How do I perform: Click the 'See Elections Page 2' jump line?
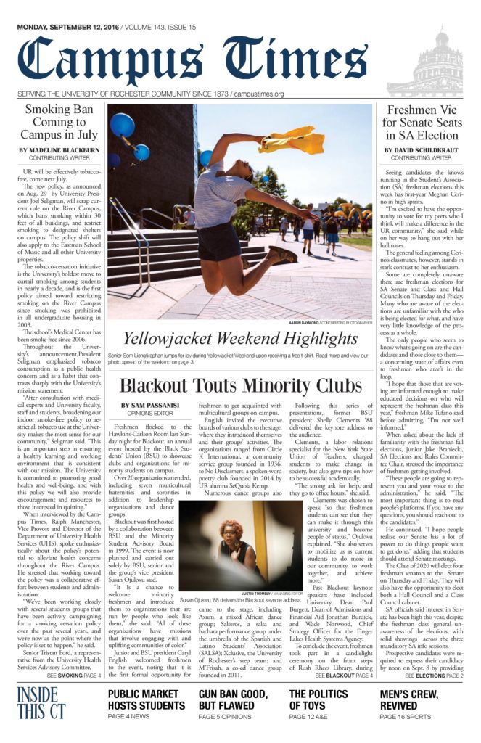[x=432, y=676]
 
